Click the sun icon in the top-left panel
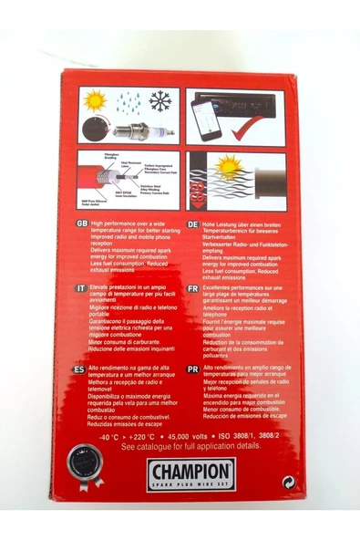[x=95, y=100]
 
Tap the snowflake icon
[x=160, y=100]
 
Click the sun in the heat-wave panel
[x=228, y=167]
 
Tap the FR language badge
[x=192, y=288]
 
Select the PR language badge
[x=192, y=369]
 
